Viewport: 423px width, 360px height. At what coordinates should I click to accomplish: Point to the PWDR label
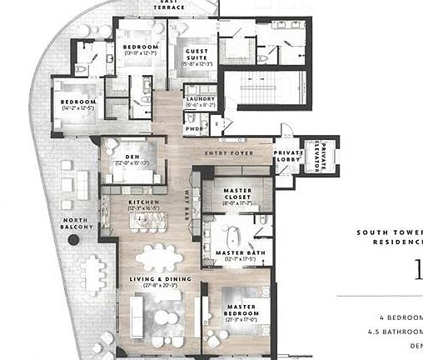coord(193,128)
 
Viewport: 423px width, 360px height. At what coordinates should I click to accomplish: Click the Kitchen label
coord(143,202)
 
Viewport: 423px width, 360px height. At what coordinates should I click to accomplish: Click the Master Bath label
coord(241,252)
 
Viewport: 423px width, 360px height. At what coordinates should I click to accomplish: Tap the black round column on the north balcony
coord(74,240)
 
